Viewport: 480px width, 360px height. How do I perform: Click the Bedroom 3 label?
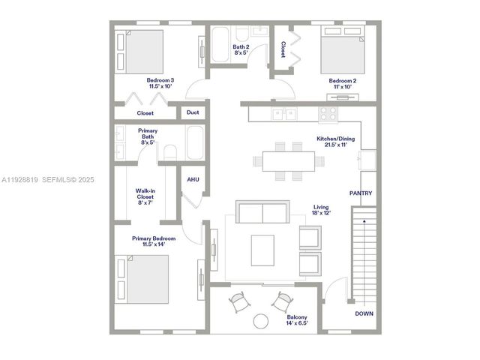click(x=160, y=82)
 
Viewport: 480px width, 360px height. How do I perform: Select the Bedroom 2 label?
click(x=342, y=82)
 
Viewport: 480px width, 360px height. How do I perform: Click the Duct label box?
click(x=193, y=113)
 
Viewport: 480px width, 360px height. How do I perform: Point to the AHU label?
click(x=193, y=179)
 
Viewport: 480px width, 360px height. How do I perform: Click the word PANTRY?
click(x=361, y=193)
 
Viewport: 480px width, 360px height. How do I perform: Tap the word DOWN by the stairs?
click(x=364, y=313)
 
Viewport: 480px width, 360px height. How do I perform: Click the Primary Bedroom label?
click(x=148, y=241)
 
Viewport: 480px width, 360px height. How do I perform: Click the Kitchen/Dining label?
click(x=335, y=142)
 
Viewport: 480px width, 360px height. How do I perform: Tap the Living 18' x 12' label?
click(x=322, y=210)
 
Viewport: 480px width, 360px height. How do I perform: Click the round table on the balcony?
click(x=260, y=321)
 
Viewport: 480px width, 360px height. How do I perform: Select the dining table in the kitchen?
click(x=289, y=160)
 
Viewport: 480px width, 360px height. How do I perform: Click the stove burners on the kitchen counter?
click(x=328, y=113)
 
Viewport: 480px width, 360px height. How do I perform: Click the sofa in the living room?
click(x=262, y=212)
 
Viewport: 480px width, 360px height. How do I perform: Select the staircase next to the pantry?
click(x=364, y=255)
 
